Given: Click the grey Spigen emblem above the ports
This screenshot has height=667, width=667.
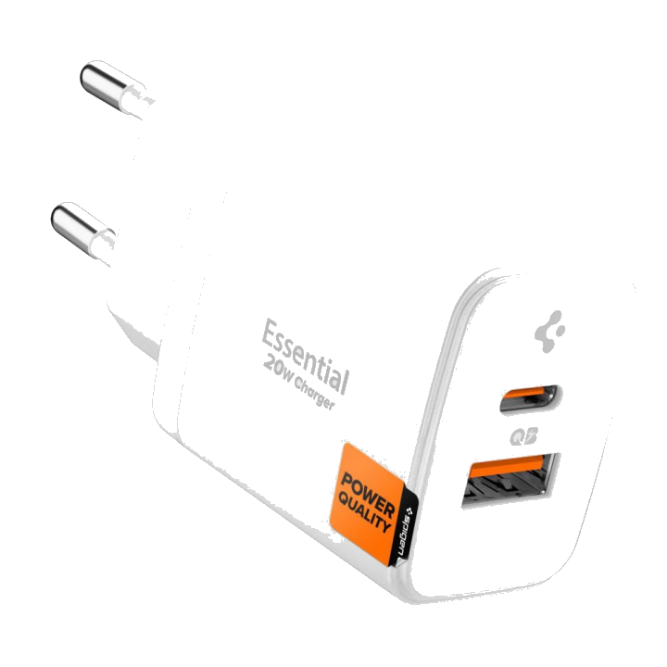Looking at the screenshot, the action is [x=550, y=332].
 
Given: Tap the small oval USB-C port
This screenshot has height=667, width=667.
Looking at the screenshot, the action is [x=529, y=398].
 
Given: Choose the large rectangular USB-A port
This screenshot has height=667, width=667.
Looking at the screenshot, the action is [x=510, y=480].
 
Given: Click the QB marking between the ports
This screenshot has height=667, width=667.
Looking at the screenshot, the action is [x=523, y=436].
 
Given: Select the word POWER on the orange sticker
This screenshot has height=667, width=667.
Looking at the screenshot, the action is [x=368, y=495].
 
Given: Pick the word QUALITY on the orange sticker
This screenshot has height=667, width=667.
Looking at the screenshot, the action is [x=364, y=513].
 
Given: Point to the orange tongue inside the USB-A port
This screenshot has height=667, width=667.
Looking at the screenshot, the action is [x=506, y=466].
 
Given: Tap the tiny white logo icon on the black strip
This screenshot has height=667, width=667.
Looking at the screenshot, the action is [x=409, y=510].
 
